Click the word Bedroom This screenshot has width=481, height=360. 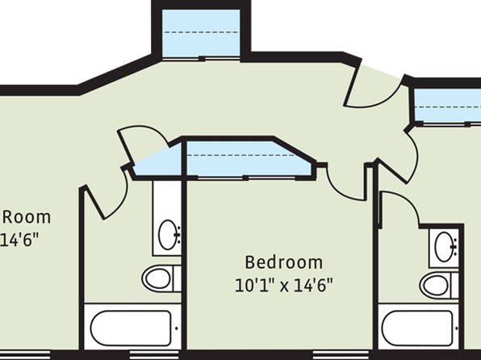point(284,262)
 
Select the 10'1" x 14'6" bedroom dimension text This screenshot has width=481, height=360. point(284,286)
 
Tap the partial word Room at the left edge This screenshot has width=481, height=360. point(27,217)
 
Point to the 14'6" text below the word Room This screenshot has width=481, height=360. point(19,240)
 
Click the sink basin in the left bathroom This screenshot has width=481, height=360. point(168,234)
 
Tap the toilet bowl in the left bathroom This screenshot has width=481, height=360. point(157,278)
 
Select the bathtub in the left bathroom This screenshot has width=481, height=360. point(131,328)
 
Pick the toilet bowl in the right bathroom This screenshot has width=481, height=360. point(435,286)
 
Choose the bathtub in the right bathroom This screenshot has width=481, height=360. point(417,328)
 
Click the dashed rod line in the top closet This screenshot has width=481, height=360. point(201,32)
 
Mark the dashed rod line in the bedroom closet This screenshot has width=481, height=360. point(241,155)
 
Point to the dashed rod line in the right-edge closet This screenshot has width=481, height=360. point(448,107)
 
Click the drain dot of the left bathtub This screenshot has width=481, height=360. point(177,328)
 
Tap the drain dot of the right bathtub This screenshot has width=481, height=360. point(457,328)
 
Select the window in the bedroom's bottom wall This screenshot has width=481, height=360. point(341,355)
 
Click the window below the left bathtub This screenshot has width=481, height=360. point(156,355)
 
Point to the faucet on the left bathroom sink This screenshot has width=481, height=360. point(178,235)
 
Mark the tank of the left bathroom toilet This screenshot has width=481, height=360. point(178,278)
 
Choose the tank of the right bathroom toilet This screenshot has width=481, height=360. point(455,286)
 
